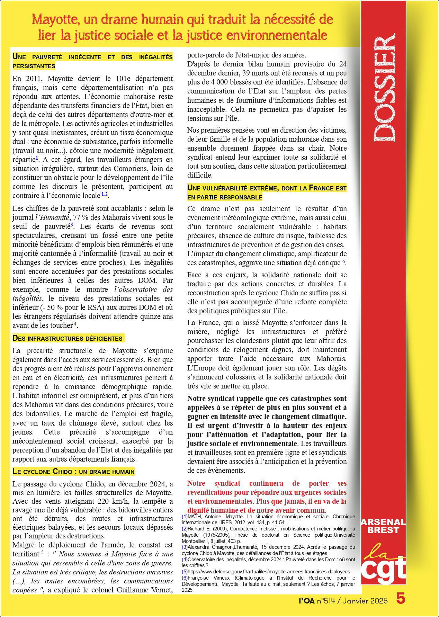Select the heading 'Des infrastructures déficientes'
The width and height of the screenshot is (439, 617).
click(x=68, y=338)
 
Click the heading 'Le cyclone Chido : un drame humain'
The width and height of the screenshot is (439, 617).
click(x=73, y=471)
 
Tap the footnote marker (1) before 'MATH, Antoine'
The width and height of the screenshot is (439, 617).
click(x=185, y=516)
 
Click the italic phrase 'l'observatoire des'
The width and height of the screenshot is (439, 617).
click(x=143, y=289)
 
